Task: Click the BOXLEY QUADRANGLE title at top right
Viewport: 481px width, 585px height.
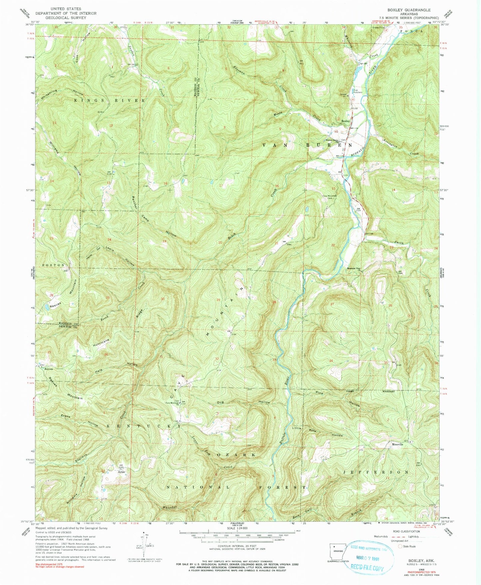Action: [x=413, y=10]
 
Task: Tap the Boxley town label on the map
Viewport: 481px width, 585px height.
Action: [x=345, y=121]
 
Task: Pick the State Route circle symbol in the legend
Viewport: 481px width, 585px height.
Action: [x=400, y=546]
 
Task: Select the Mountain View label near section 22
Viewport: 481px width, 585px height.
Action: [x=354, y=269]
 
